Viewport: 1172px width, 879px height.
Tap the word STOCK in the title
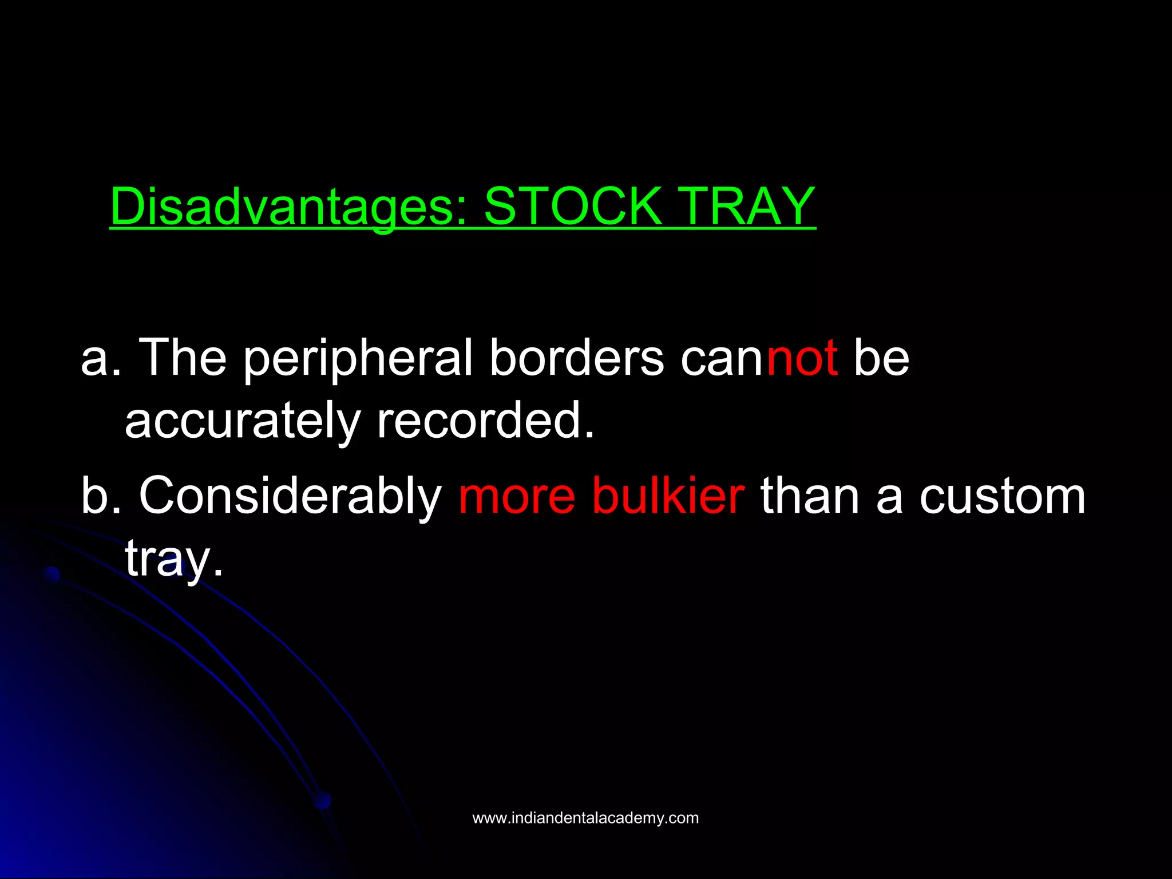pyautogui.click(x=572, y=207)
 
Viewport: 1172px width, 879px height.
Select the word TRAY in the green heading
pyautogui.click(x=749, y=207)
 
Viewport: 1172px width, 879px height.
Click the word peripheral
pyautogui.click(x=358, y=359)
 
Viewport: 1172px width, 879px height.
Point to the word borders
pyautogui.click(x=576, y=359)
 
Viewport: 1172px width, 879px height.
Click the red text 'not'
pyautogui.click(x=802, y=359)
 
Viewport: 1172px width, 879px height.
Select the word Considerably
pyautogui.click(x=290, y=497)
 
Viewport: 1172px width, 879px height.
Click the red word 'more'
pyautogui.click(x=517, y=497)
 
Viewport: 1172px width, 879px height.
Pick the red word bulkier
pyautogui.click(x=668, y=497)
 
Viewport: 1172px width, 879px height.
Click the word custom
pyautogui.click(x=1002, y=497)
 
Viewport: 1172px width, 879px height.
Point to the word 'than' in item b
pyautogui.click(x=810, y=497)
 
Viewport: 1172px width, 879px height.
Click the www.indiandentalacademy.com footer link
pyautogui.click(x=585, y=818)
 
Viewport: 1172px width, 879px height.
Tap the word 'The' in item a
pyautogui.click(x=183, y=359)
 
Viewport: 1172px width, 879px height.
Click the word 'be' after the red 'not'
pyautogui.click(x=881, y=359)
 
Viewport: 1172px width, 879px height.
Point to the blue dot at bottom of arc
pyautogui.click(x=323, y=800)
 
